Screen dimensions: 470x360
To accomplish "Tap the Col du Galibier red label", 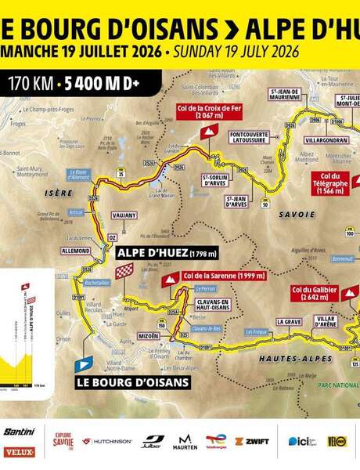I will [314, 294].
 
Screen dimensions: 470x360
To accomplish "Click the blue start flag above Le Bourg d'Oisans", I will [85, 363].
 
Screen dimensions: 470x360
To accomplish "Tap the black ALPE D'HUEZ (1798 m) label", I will [166, 253].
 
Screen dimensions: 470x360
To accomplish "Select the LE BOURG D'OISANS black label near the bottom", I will [133, 382].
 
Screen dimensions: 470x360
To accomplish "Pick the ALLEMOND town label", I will [76, 251].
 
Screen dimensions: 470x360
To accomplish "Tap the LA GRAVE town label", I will [288, 321].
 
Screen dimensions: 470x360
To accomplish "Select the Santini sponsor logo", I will [19, 432].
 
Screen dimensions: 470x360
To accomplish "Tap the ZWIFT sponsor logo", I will [251, 441].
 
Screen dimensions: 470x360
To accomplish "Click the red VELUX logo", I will [19, 452].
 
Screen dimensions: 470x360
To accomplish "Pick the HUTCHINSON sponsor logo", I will [108, 441].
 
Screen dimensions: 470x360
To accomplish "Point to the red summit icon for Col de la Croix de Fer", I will [207, 132].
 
